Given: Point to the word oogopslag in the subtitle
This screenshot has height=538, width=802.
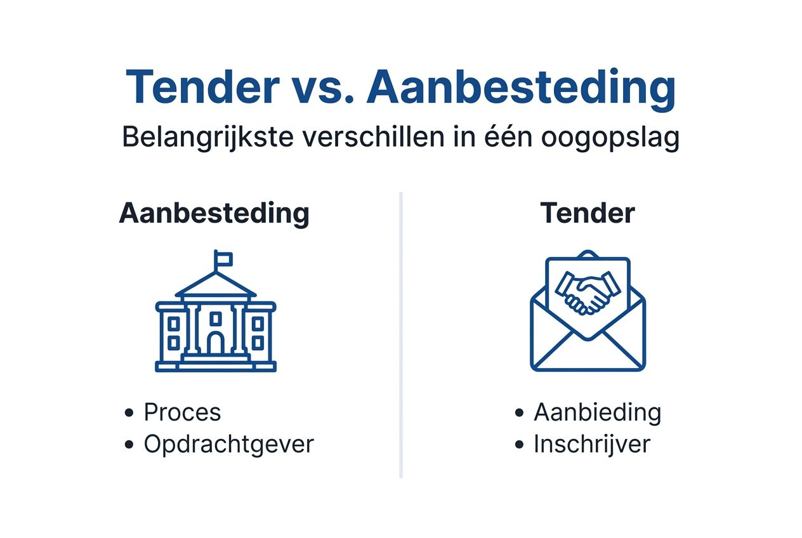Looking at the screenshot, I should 610,138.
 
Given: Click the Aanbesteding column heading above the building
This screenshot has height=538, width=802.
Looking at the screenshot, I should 214,213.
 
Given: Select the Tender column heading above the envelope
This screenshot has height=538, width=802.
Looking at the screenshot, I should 587,213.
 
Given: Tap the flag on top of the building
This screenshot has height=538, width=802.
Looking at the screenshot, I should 223,258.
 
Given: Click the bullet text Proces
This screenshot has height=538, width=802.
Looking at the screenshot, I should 182,412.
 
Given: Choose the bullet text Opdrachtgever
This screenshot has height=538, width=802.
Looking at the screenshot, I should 228,444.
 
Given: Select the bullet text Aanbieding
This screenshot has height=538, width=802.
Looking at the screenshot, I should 597,412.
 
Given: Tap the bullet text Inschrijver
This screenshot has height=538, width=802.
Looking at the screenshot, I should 591,444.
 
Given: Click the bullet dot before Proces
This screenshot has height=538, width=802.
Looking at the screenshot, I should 130,413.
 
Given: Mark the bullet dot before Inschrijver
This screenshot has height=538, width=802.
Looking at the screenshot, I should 520,445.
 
